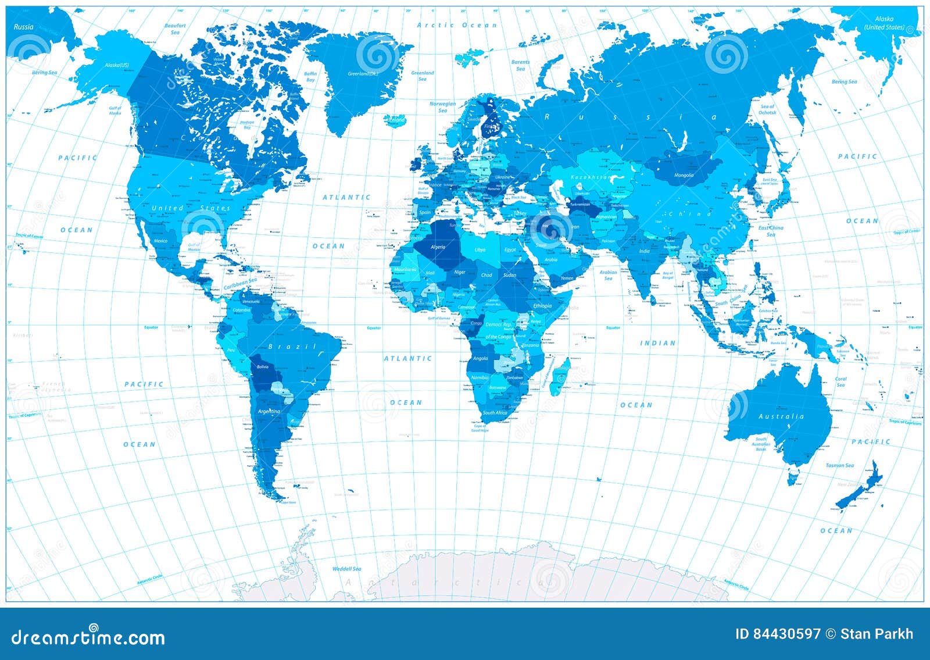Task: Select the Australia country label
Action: pyautogui.click(x=781, y=416)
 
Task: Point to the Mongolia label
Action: pyautogui.click(x=684, y=175)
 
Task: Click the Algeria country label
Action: pyautogui.click(x=438, y=247)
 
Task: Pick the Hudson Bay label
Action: pyautogui.click(x=247, y=124)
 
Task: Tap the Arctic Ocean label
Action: pyautogui.click(x=457, y=25)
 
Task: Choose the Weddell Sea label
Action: pyautogui.click(x=346, y=568)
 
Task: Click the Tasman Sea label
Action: pyautogui.click(x=840, y=465)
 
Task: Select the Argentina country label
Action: pyautogui.click(x=269, y=412)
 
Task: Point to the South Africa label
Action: pyautogui.click(x=495, y=413)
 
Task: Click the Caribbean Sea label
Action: pyautogui.click(x=241, y=284)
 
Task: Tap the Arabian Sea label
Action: pyautogui.click(x=608, y=274)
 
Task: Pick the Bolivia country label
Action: pyautogui.click(x=263, y=367)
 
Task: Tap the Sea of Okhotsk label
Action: pyautogui.click(x=767, y=109)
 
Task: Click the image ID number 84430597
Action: pyautogui.click(x=779, y=634)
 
